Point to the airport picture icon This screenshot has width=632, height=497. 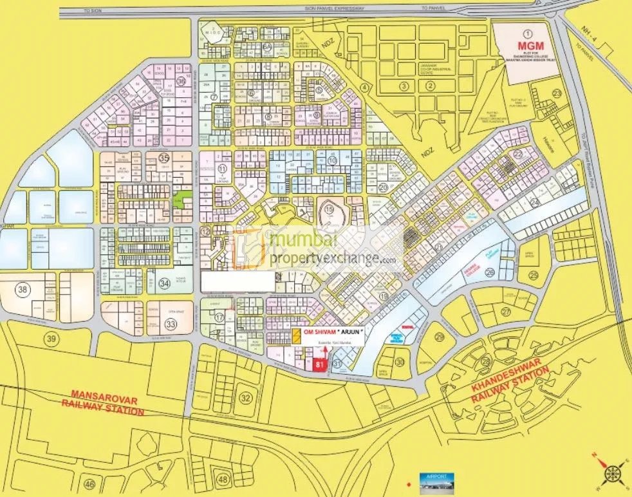(x=436, y=481)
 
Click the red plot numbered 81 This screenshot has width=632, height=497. (x=320, y=365)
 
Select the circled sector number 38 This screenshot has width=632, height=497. (x=23, y=290)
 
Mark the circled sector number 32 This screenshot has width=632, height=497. (x=245, y=398)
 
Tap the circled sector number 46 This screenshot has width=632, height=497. (x=89, y=484)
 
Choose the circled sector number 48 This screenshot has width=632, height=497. (x=223, y=479)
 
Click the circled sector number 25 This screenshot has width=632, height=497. (x=534, y=276)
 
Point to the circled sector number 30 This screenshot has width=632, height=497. (x=400, y=362)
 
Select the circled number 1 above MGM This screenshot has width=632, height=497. (x=527, y=33)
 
